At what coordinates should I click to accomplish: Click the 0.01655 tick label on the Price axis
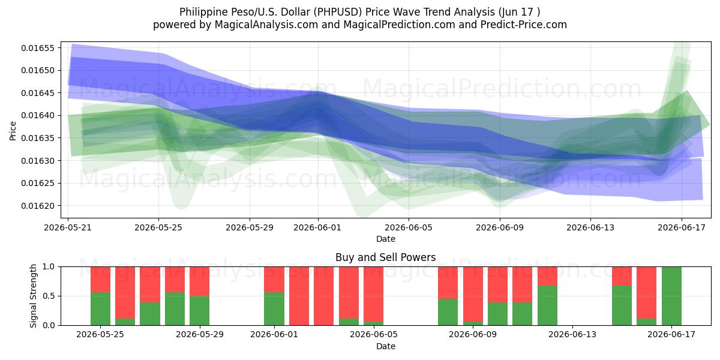[x=38, y=48]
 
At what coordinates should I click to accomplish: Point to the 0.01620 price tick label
[x=38, y=206]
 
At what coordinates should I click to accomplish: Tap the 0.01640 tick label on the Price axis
[x=38, y=115]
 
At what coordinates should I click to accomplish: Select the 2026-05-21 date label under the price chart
[x=68, y=227]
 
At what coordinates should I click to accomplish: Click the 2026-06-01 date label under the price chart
[x=317, y=227]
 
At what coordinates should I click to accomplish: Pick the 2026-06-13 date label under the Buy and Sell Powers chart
[x=572, y=334]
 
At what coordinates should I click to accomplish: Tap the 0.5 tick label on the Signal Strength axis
[x=49, y=296]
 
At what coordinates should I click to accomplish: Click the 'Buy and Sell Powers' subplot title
[x=386, y=257]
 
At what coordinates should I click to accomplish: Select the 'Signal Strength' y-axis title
[x=34, y=296]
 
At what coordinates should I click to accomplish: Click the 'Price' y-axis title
[x=13, y=131]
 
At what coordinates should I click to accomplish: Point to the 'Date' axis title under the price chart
[x=386, y=239]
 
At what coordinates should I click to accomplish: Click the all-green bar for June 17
[x=671, y=296]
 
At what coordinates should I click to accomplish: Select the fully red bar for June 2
[x=299, y=296]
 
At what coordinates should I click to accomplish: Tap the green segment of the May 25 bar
[x=100, y=308]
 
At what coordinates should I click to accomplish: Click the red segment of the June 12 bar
[x=547, y=276]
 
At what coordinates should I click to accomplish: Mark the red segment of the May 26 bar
[x=125, y=293]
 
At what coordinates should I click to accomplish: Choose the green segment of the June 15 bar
[x=622, y=305]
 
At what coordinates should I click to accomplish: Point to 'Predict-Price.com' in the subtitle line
[x=524, y=25]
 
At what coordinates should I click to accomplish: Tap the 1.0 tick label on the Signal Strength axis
[x=49, y=267]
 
